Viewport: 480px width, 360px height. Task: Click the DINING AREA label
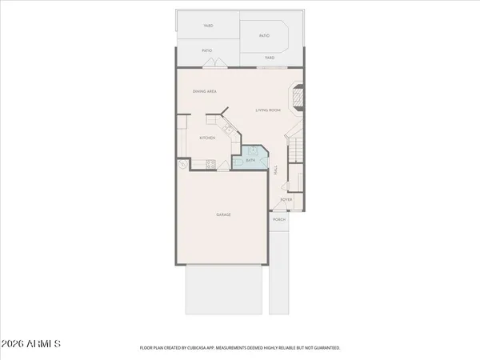[x=205, y=92]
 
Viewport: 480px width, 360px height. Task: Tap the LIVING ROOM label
[x=267, y=110]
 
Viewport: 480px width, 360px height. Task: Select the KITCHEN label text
[x=207, y=138]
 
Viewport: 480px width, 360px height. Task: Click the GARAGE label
[x=222, y=214]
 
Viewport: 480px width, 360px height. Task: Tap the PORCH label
[x=279, y=219]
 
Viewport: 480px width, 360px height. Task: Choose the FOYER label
[x=286, y=199]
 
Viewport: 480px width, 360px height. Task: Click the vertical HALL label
[x=276, y=170]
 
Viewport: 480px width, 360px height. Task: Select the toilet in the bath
[x=239, y=163]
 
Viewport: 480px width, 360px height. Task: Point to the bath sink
[x=253, y=150]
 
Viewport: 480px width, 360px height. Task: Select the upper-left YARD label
[x=207, y=26]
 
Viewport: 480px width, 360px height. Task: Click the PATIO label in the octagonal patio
[x=263, y=36]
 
